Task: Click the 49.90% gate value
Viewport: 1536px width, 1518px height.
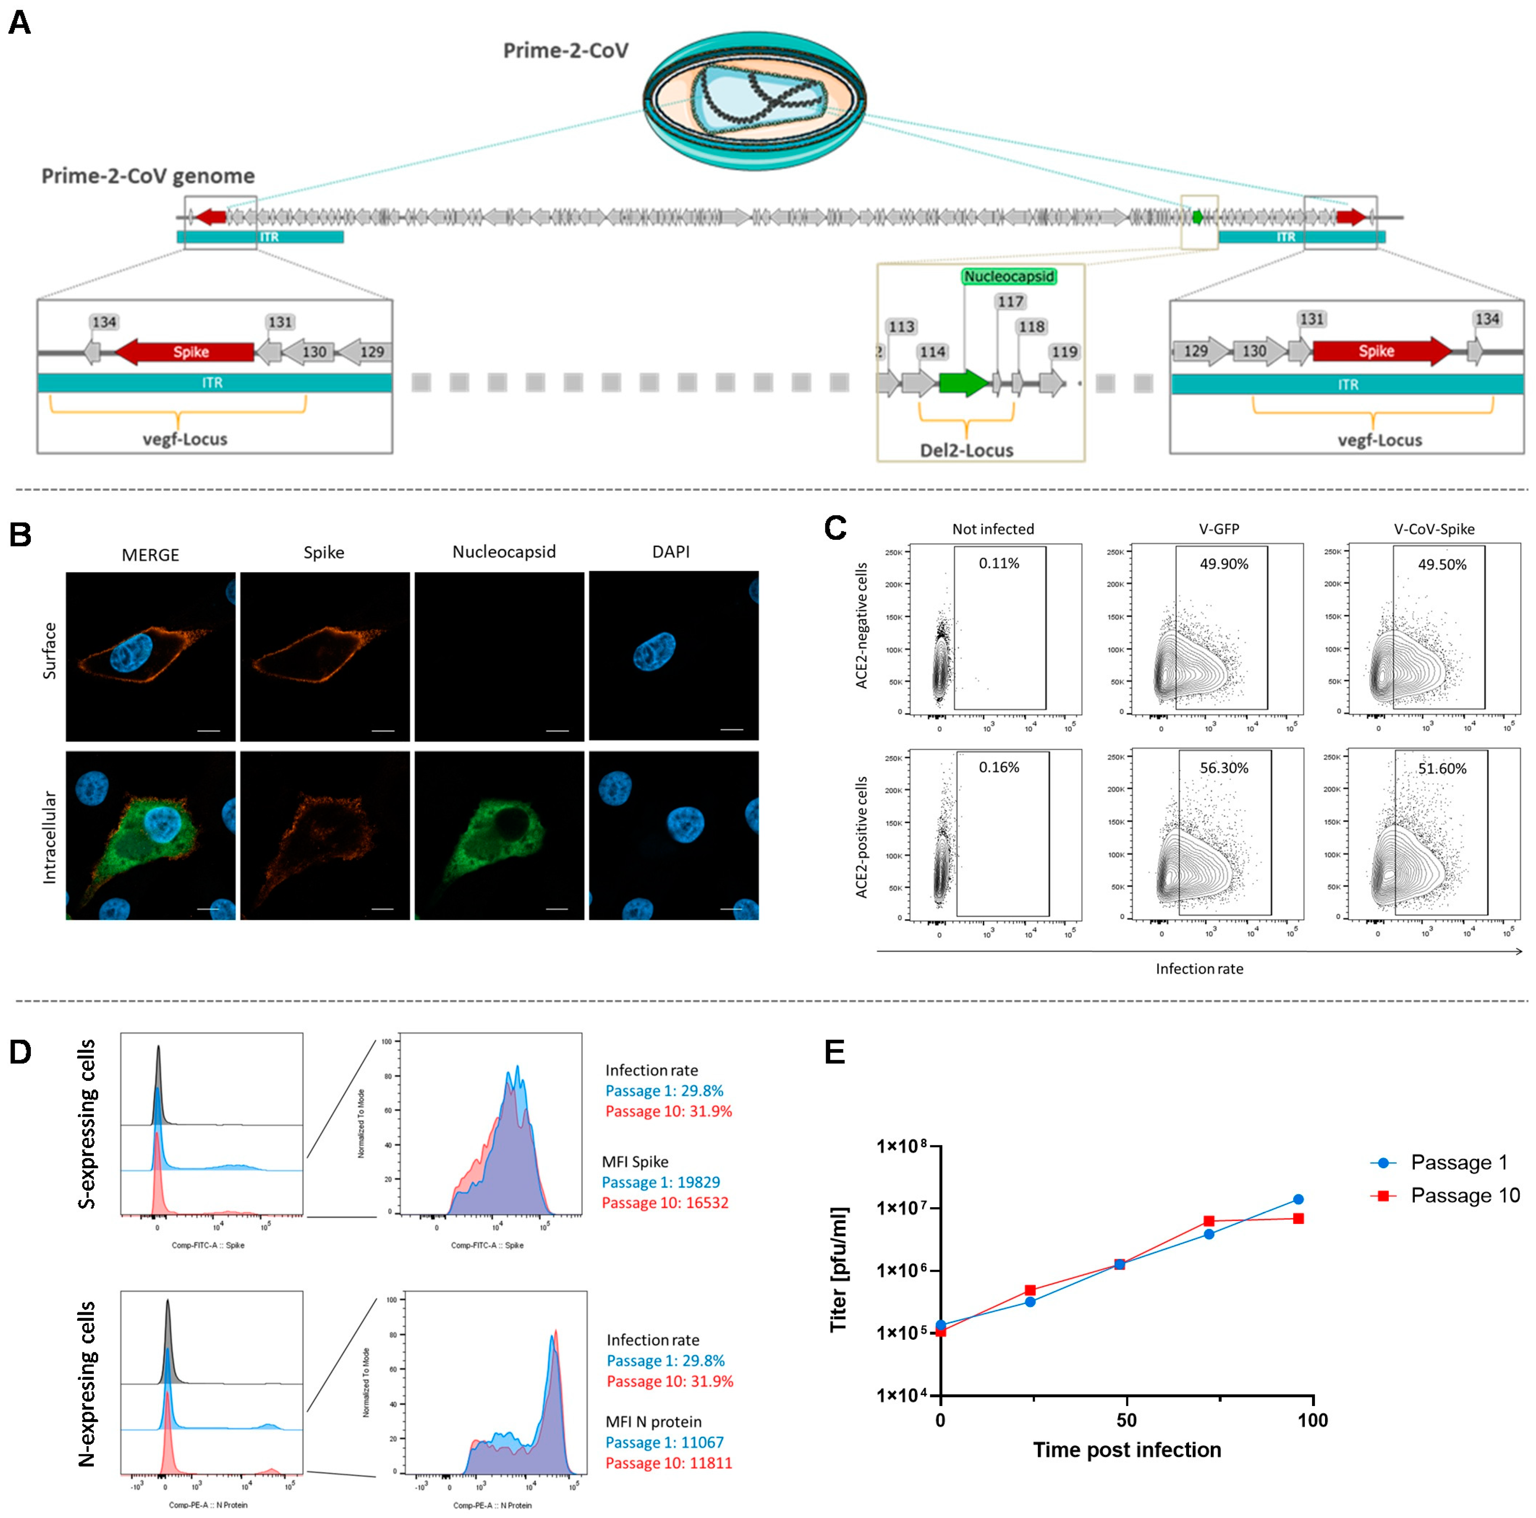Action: click(1223, 564)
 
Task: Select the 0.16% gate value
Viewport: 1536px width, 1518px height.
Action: click(998, 768)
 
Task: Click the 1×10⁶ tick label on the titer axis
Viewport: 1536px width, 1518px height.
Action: click(901, 1270)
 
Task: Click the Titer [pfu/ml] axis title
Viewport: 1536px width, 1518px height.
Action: click(839, 1270)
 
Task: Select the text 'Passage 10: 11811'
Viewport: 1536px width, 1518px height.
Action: click(668, 1463)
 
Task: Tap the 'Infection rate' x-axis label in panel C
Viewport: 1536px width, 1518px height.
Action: click(1199, 968)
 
